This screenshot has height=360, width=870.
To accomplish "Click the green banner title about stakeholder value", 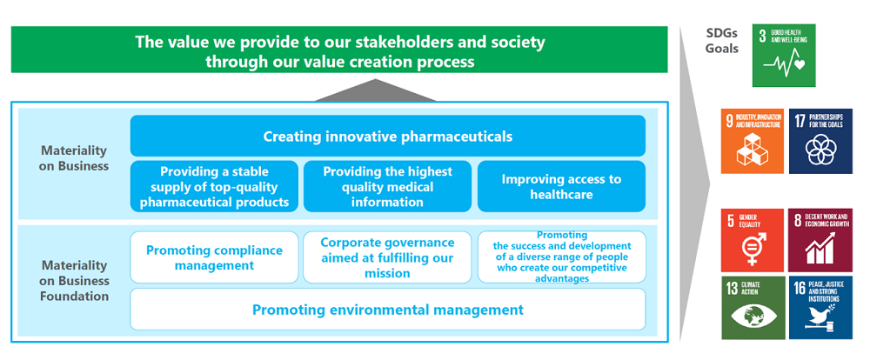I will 338,51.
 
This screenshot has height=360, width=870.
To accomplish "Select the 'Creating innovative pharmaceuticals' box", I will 387,137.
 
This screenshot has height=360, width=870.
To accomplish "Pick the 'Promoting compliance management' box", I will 214,257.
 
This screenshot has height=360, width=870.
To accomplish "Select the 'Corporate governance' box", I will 387,257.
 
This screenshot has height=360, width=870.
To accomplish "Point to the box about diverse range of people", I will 561,257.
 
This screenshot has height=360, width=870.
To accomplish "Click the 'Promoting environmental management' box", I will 387,310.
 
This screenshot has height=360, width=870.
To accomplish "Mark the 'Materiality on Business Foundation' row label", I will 74,280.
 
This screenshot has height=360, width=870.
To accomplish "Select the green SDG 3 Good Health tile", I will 783,56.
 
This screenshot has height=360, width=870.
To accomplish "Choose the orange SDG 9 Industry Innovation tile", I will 753,140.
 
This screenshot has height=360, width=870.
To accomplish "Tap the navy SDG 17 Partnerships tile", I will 820,140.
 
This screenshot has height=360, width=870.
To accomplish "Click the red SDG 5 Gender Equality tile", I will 753,240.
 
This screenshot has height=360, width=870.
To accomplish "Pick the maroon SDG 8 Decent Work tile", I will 820,240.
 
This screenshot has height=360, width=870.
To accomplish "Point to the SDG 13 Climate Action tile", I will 753,307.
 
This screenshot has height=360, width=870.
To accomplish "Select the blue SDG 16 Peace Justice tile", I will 820,307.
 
